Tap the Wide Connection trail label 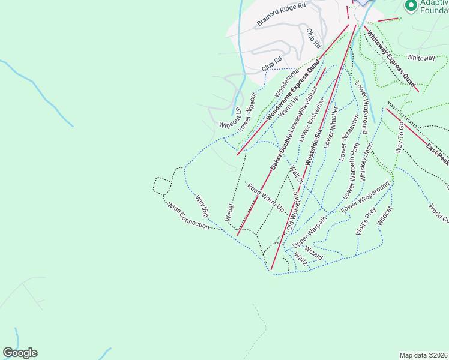(188, 215)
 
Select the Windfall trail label (202, 206)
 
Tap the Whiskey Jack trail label (367, 162)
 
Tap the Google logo (20, 353)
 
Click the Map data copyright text (423, 355)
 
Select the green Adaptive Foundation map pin (411, 5)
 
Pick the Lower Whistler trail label (330, 127)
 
